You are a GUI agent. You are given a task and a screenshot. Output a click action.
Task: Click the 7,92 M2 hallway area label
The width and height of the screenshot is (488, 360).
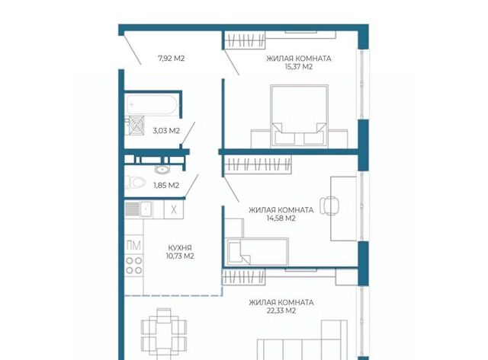click(x=172, y=59)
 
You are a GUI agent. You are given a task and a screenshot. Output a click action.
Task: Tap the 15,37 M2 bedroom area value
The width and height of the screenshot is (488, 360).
click(x=298, y=66)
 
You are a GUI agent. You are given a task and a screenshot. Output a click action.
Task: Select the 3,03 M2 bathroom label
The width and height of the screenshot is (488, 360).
click(x=166, y=131)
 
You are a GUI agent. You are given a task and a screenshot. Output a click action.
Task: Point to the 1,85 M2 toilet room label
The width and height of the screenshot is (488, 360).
click(x=166, y=186)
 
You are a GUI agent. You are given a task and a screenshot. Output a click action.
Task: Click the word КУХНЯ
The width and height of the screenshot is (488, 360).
click(x=180, y=248)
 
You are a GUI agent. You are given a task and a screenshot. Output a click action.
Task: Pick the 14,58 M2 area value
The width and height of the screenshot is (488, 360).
click(x=281, y=218)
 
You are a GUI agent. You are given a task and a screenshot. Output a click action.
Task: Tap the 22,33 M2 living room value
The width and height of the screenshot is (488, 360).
click(x=281, y=311)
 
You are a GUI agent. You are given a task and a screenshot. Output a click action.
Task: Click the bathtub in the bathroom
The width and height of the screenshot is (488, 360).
click(x=152, y=105)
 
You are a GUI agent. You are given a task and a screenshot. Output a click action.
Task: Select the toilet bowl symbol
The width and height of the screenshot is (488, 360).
click(x=135, y=183)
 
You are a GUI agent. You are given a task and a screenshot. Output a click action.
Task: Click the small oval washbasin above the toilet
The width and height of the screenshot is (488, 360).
click(x=162, y=170)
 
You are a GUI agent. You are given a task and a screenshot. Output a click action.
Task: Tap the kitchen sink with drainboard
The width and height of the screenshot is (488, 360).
click(x=139, y=209)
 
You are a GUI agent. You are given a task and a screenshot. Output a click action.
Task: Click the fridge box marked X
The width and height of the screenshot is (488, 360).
click(x=174, y=209)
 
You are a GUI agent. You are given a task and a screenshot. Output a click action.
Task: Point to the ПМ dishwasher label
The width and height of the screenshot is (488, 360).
click(x=134, y=246)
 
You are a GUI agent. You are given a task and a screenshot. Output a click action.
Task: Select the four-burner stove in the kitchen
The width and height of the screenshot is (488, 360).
click(x=134, y=266)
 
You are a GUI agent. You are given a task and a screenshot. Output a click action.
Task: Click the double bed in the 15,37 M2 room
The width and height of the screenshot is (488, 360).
click(x=299, y=116)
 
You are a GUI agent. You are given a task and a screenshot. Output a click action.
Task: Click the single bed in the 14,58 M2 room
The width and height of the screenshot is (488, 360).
click(x=257, y=252)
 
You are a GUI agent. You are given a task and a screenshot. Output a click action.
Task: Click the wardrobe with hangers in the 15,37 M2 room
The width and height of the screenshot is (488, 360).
click(x=244, y=40)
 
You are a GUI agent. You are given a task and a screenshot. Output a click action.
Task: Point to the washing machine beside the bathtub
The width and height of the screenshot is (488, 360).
click(x=135, y=125)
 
